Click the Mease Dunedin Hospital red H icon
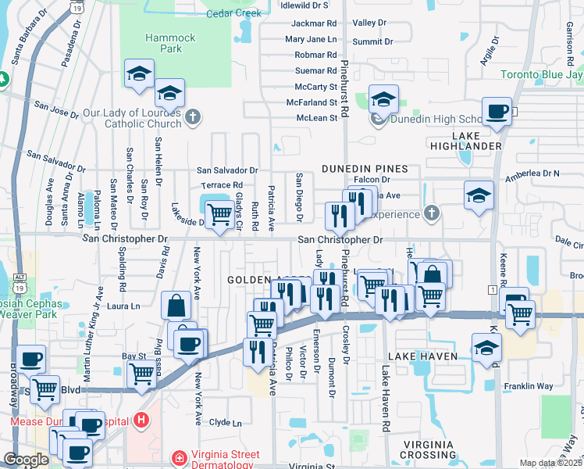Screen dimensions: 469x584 coord(141,421)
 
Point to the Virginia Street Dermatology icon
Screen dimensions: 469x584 coord(180,457)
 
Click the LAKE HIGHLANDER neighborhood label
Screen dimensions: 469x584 coord(465,145)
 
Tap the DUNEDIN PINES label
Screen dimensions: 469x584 coord(365,169)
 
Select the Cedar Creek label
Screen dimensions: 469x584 coord(233,13)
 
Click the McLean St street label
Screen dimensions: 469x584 coord(316,117)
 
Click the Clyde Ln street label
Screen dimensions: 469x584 coord(226,423)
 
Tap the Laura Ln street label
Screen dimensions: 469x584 coord(123,307)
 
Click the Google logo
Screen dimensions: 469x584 coord(26,460)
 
